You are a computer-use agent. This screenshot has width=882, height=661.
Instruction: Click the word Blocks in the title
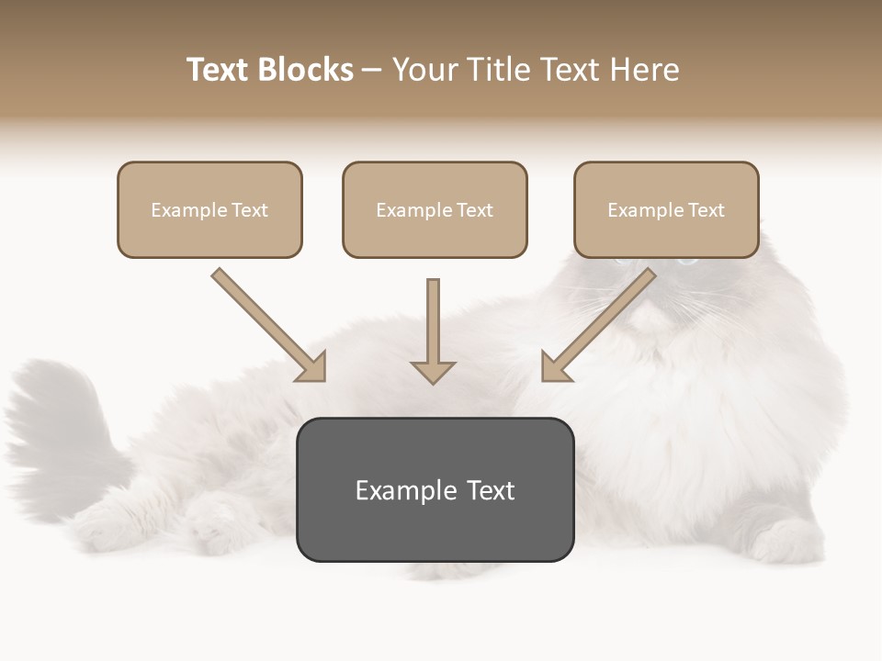(306, 70)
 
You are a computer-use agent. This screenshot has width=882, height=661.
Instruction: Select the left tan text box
(209, 209)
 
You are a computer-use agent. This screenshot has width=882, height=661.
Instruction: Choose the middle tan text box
(435, 209)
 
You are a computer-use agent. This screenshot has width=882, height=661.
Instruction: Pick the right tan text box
(666, 209)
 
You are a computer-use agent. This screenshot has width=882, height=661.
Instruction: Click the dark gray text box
(435, 489)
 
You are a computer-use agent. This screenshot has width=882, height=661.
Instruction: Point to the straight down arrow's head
(433, 371)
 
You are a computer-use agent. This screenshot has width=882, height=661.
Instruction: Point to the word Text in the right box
(706, 210)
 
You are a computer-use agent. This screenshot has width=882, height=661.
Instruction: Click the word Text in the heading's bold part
(220, 70)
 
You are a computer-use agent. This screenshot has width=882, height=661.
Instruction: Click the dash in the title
(373, 70)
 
